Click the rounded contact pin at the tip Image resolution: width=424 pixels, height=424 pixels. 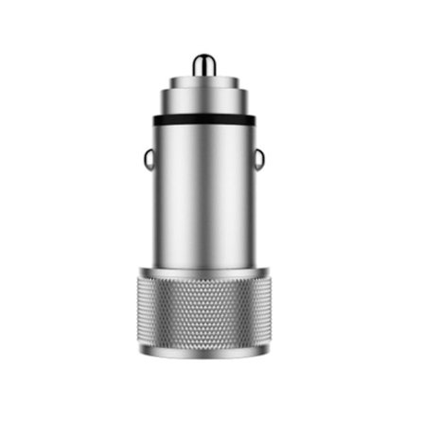pyautogui.click(x=203, y=64)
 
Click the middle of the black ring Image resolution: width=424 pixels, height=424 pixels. pyautogui.click(x=203, y=121)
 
